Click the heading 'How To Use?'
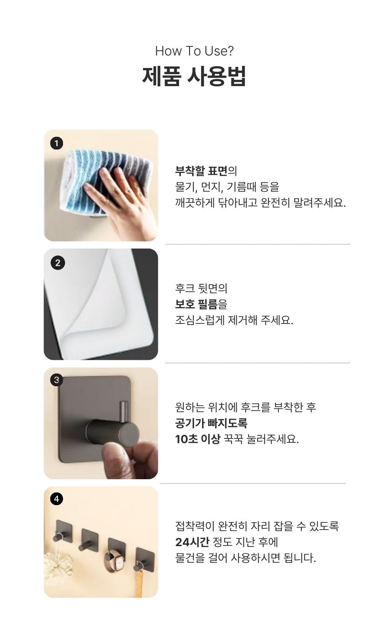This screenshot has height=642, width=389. pyautogui.click(x=194, y=51)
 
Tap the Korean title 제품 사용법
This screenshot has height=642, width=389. pyautogui.click(x=194, y=76)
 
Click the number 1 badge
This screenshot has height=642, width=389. pyautogui.click(x=56, y=143)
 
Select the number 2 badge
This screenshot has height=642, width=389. pyautogui.click(x=58, y=263)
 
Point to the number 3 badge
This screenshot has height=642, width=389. pyautogui.click(x=56, y=380)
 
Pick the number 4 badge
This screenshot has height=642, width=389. pyautogui.click(x=56, y=499)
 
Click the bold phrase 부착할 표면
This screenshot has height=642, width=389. pyautogui.click(x=201, y=171)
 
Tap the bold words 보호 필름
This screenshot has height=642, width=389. pyautogui.click(x=196, y=304)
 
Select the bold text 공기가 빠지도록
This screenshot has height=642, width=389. pyautogui.click(x=211, y=423)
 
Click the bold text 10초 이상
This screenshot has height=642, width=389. pyautogui.click(x=197, y=439)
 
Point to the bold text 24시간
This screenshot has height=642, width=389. pyautogui.click(x=192, y=542)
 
